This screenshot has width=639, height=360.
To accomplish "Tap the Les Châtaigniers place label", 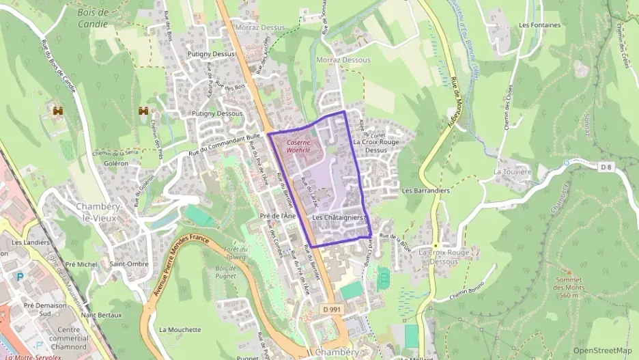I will pos(337,217).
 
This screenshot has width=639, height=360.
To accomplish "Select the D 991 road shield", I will pos(331,309).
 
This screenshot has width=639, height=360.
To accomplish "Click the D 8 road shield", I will pos(605,166).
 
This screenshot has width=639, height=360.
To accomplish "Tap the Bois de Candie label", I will pos(94,18).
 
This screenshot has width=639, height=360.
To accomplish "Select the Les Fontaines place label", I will pos(539,25).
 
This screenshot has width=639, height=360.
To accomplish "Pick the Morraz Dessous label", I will pos(343,60).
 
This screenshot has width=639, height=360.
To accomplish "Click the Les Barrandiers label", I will pos(426,191).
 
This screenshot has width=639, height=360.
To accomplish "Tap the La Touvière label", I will pos(512,171).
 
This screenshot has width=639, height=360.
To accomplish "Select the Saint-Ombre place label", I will pos(128,264).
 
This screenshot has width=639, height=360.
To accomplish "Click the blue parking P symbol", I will pos(19,277).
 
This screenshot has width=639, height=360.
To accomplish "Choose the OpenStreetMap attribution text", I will pos(603,350).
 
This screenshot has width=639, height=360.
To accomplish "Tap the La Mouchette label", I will pos(180,329).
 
